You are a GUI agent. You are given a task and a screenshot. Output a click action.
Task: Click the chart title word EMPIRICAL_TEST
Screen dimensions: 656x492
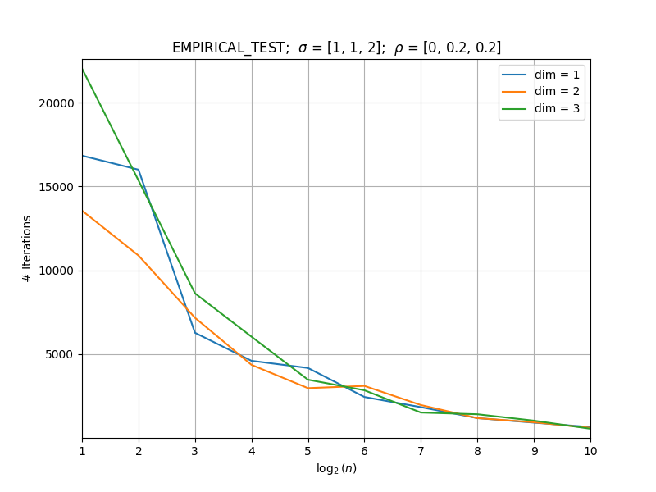click(228, 48)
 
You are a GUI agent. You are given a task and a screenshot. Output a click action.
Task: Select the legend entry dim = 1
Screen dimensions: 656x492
click(540, 75)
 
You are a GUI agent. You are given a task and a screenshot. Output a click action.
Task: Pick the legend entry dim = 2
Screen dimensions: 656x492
click(540, 92)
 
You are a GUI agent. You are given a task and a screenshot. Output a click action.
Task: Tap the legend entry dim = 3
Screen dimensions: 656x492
click(540, 109)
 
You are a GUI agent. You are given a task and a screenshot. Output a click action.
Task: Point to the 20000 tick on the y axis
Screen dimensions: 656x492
click(56, 103)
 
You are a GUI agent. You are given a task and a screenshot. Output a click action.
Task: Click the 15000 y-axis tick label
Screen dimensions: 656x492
click(56, 187)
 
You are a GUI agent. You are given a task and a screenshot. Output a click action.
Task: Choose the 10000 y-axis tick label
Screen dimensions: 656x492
click(56, 271)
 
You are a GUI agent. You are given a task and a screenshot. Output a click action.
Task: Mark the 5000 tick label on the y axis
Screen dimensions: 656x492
click(59, 355)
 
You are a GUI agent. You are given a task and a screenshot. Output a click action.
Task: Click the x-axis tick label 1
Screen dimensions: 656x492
click(83, 451)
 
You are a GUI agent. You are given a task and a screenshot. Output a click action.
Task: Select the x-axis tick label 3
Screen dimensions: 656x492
click(195, 451)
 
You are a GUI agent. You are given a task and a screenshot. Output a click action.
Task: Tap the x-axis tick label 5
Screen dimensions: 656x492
click(308, 451)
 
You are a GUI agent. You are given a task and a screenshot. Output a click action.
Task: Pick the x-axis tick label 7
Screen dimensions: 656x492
click(421, 451)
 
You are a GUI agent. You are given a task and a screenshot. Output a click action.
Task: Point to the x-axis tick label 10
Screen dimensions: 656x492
click(590, 451)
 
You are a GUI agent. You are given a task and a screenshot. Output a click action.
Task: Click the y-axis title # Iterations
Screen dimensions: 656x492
click(27, 249)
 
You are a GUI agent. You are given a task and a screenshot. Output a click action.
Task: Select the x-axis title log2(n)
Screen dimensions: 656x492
click(336, 468)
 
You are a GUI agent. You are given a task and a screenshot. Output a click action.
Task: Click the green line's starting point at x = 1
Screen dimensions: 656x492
click(83, 69)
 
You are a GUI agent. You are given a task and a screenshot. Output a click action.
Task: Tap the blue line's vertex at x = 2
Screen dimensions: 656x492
click(139, 170)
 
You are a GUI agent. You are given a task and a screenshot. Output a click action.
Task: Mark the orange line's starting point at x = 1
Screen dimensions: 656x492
click(83, 212)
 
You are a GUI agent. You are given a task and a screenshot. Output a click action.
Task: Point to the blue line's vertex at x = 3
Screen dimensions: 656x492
click(195, 333)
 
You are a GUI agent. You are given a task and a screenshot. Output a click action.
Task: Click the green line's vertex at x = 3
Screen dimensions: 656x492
click(195, 294)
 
